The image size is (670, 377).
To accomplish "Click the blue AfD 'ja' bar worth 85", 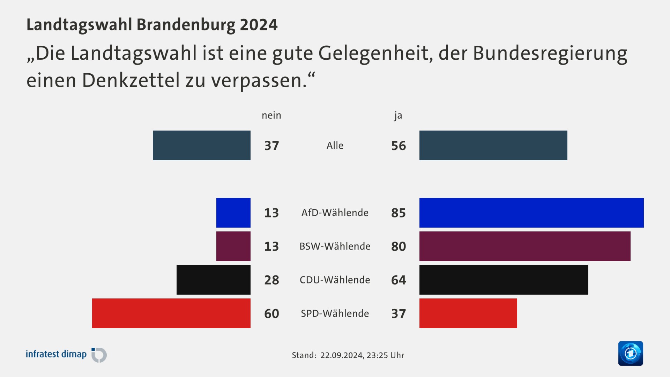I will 531,213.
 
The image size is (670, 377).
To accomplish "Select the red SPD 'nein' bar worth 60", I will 171,313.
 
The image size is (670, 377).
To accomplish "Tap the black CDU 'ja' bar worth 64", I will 504,280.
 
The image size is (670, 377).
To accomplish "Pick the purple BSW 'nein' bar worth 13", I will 233,246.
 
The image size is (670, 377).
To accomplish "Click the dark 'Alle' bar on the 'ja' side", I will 493,145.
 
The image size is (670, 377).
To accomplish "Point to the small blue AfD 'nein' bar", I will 233,213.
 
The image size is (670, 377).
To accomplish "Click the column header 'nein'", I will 271,115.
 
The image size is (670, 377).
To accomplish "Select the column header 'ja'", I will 398,115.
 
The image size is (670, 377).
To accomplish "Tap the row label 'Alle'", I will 335,146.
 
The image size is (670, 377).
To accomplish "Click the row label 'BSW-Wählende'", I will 335,246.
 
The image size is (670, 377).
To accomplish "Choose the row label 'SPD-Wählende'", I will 335,313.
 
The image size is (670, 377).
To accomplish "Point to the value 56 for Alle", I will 399,146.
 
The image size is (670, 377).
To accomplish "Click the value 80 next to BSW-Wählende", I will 399,246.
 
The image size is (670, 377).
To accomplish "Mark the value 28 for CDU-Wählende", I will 271,280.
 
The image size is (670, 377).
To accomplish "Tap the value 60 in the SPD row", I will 271,313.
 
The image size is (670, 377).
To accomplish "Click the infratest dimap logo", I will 66,355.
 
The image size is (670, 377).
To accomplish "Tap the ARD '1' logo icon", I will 630,353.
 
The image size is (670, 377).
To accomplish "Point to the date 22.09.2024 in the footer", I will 341,355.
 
